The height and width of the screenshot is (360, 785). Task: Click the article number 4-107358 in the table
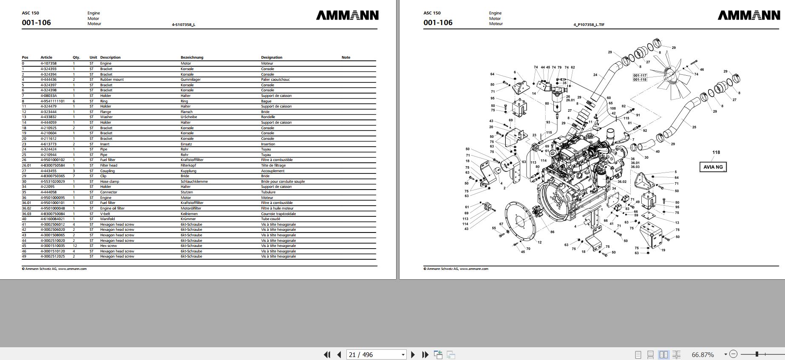tap(48, 63)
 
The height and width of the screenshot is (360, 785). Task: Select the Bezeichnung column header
tap(192, 57)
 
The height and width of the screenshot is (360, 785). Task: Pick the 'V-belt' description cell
tap(105, 214)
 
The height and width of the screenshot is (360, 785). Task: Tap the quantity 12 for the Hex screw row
tap(75, 246)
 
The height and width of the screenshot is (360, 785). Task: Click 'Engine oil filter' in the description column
tap(112, 208)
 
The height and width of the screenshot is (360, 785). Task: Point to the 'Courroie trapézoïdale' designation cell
tap(278, 214)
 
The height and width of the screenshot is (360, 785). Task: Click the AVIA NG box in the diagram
tap(713, 167)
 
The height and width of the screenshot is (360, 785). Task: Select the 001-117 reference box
tap(640, 76)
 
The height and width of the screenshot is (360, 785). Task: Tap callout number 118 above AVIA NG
tap(716, 152)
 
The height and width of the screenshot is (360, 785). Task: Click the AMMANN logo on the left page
tap(347, 15)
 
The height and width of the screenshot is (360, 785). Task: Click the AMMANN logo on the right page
tap(749, 15)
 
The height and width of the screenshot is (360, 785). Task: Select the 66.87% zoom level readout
tap(703, 354)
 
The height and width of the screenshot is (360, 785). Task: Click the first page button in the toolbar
tap(327, 354)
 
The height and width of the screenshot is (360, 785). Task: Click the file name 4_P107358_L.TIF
tap(589, 25)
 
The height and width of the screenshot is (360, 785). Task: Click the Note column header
tap(346, 57)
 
